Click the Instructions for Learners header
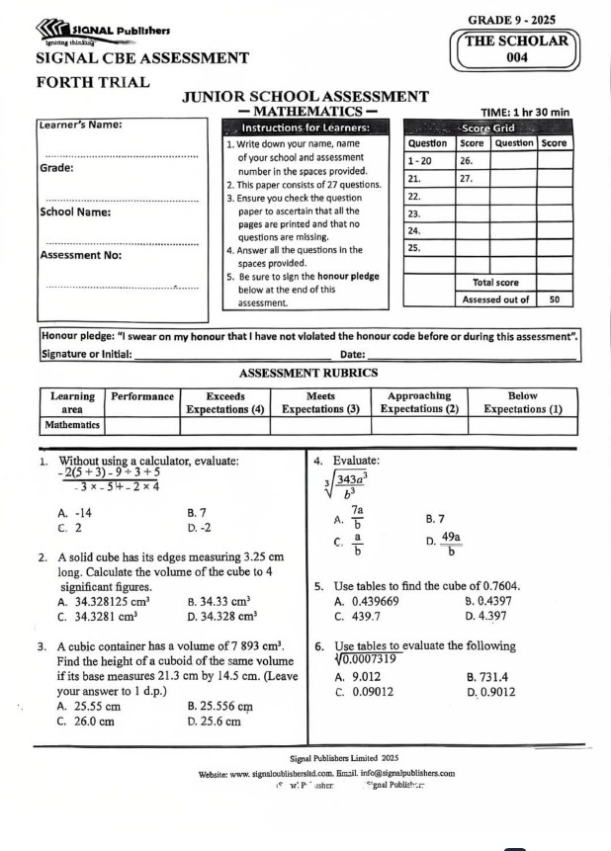[x=304, y=128]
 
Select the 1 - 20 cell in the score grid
[x=422, y=159]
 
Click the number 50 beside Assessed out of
[x=555, y=299]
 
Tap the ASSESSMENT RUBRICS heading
[x=308, y=373]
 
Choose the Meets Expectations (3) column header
[x=321, y=401]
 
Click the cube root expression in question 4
[x=350, y=484]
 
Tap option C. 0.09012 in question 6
[x=364, y=692]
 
